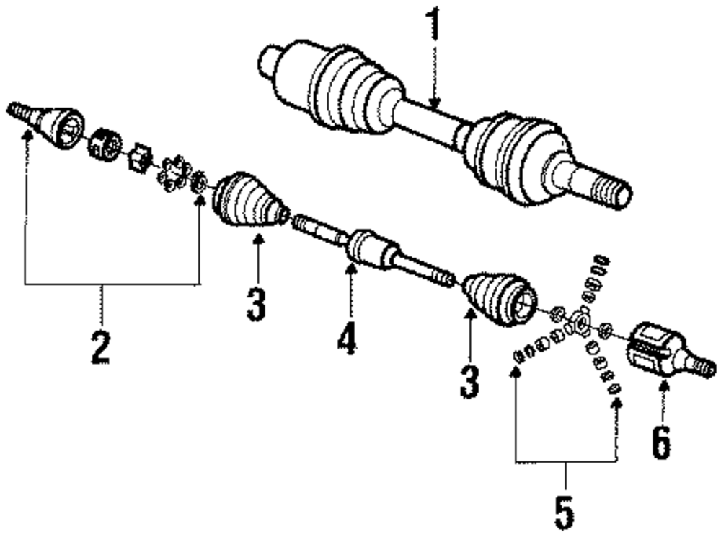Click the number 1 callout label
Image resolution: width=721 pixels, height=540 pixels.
click(x=433, y=26)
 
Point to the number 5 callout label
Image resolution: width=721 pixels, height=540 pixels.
click(x=565, y=511)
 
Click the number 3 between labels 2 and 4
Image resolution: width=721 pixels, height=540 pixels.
click(x=256, y=303)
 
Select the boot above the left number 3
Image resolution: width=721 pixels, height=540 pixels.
click(x=249, y=200)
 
